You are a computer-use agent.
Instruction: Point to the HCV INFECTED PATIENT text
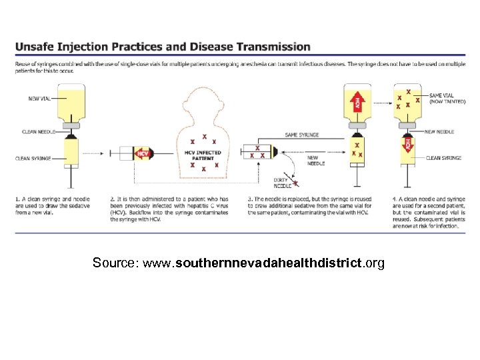203,155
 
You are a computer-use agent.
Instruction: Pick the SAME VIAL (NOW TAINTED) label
447,99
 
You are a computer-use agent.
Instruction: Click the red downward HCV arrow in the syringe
408,144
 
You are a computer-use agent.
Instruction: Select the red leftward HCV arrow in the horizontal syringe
141,153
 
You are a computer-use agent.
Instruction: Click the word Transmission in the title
274,47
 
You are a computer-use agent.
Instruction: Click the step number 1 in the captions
17,198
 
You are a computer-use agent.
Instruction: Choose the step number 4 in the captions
394,198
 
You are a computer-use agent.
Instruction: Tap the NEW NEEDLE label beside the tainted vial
441,132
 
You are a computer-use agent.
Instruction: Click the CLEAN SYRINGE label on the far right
445,158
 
